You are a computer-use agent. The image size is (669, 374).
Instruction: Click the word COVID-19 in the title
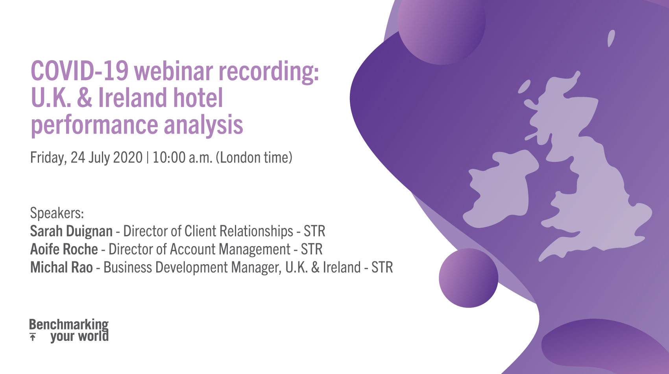(x=80, y=71)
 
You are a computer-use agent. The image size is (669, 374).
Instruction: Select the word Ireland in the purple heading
(x=132, y=97)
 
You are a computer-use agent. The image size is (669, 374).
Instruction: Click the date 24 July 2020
(x=107, y=157)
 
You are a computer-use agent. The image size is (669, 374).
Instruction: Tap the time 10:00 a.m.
(x=183, y=157)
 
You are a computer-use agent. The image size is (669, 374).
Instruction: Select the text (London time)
(x=254, y=157)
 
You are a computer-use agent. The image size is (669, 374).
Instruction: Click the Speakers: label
(x=57, y=213)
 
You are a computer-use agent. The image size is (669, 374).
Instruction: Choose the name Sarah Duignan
(x=71, y=231)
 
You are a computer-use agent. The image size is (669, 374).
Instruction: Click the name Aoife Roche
(x=64, y=249)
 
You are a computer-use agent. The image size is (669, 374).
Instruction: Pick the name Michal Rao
(x=61, y=267)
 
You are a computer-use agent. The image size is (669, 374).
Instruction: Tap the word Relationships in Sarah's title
(x=238, y=231)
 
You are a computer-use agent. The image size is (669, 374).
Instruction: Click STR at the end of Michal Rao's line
(x=382, y=267)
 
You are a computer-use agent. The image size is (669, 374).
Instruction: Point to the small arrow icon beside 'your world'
(x=33, y=337)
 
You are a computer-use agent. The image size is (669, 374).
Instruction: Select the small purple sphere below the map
(x=468, y=278)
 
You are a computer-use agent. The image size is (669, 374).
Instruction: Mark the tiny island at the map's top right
(x=611, y=38)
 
